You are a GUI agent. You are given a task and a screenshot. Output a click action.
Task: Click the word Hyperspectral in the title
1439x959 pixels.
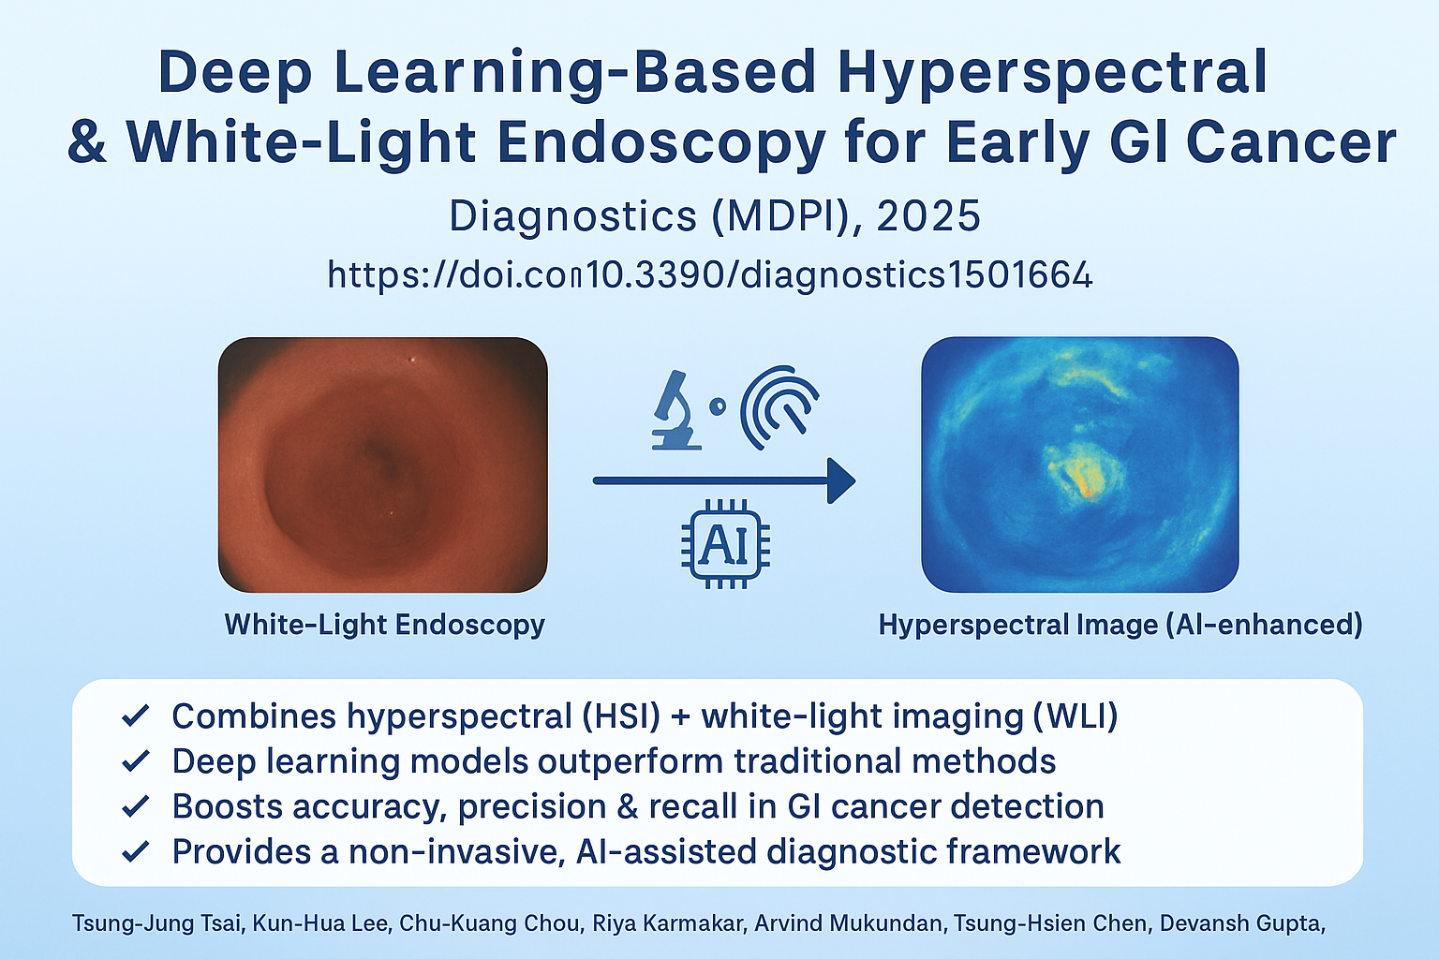click(1052, 73)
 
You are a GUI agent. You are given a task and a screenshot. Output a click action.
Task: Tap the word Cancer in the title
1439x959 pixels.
click(1291, 141)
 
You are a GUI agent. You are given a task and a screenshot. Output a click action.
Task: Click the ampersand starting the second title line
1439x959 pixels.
click(87, 142)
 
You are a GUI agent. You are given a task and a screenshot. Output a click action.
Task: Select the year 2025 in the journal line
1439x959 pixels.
click(928, 215)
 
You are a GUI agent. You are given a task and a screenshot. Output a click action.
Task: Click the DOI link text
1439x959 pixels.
click(710, 274)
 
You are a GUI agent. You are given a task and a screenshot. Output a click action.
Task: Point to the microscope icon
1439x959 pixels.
click(675, 410)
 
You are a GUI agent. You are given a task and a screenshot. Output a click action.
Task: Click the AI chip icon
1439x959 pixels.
click(725, 544)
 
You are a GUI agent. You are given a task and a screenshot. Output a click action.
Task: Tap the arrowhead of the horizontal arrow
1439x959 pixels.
click(841, 480)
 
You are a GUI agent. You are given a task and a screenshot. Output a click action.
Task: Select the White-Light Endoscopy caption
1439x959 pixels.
click(384, 625)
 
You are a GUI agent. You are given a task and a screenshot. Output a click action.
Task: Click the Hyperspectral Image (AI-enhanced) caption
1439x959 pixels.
click(1120, 625)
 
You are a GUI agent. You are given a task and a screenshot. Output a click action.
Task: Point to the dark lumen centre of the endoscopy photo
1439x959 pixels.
click(383, 453)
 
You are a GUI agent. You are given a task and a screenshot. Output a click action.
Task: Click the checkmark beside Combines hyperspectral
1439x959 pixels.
click(136, 716)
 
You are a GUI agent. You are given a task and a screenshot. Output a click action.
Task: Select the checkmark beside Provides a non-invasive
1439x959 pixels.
click(136, 851)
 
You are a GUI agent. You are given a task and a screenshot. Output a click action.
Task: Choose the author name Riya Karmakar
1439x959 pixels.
click(669, 923)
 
